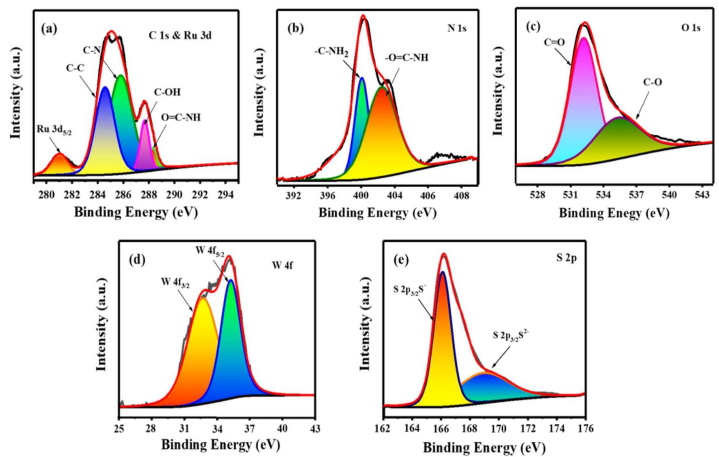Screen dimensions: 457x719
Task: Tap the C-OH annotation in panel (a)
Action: pyautogui.click(x=167, y=92)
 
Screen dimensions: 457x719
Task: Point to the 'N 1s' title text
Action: pyautogui.click(x=457, y=28)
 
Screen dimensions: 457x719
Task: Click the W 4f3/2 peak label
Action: pyautogui.click(x=175, y=283)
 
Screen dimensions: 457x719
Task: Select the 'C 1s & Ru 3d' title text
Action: pyautogui.click(x=180, y=36)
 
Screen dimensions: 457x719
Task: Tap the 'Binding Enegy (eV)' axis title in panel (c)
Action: pyautogui.click(x=614, y=213)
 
